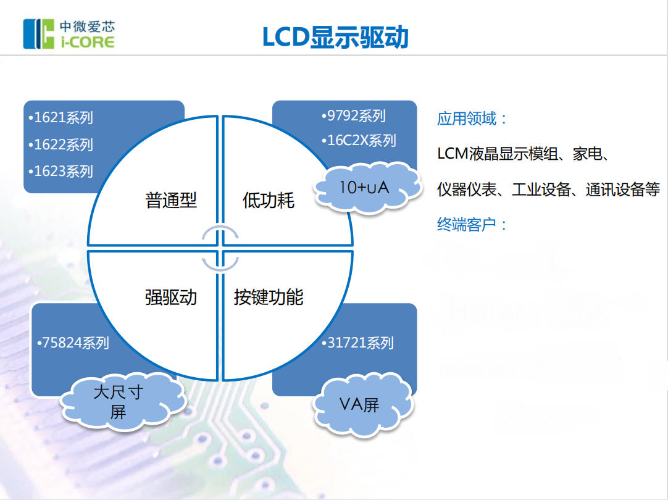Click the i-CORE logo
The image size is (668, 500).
tap(69, 34)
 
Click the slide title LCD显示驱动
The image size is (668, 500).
tap(335, 37)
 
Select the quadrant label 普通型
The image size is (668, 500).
tap(171, 200)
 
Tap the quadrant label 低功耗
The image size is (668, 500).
tap(269, 200)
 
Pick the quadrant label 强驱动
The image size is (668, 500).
tap(171, 297)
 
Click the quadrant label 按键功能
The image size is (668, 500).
tap(269, 297)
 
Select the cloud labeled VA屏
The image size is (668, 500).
tap(359, 405)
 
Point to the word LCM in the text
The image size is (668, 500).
tap(452, 154)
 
